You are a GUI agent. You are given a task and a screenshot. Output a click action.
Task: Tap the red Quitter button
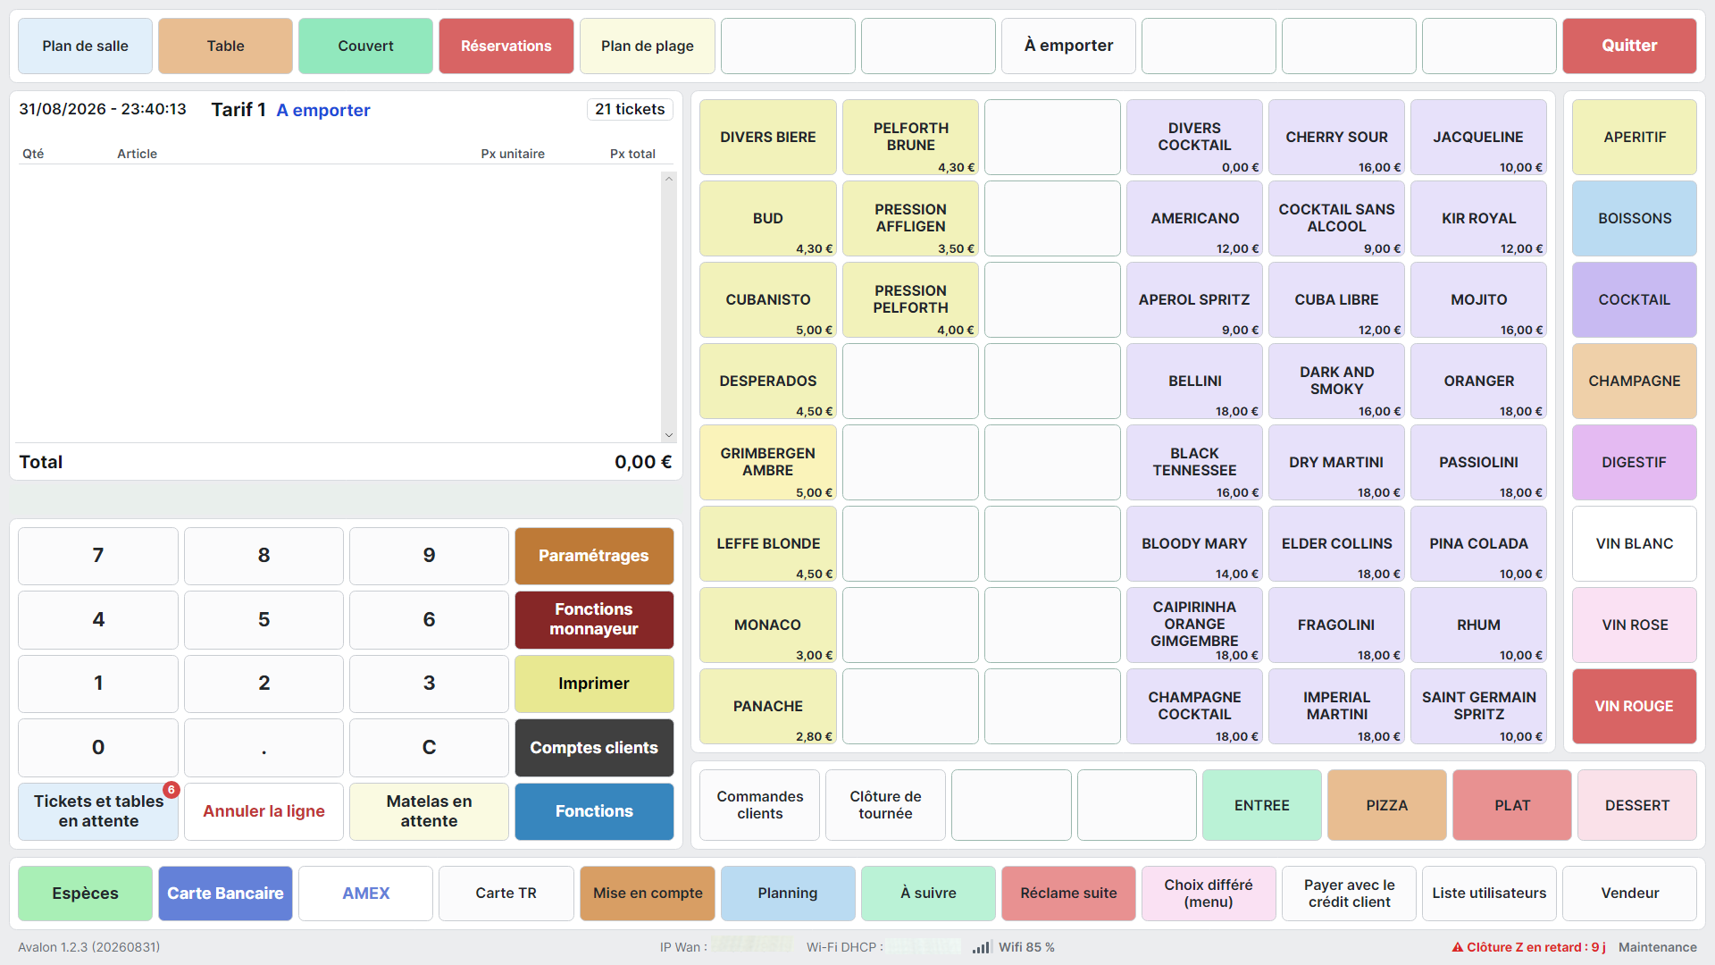pyautogui.click(x=1629, y=46)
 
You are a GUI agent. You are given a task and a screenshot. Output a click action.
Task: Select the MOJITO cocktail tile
pyautogui.click(x=1478, y=300)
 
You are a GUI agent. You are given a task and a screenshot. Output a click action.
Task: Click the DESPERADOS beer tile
pyautogui.click(x=768, y=382)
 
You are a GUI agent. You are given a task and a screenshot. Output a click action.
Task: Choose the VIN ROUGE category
pyautogui.click(x=1634, y=707)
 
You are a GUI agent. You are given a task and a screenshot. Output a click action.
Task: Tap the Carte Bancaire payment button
pyautogui.click(x=225, y=894)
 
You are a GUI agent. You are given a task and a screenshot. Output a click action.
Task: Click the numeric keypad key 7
pyautogui.click(x=98, y=556)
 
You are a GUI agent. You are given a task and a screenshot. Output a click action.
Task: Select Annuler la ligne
pyautogui.click(x=264, y=811)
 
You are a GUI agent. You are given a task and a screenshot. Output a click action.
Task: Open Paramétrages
pyautogui.click(x=594, y=556)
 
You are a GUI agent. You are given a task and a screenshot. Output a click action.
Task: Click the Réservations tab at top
pyautogui.click(x=506, y=46)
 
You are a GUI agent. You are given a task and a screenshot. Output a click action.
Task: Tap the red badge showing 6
pyautogui.click(x=171, y=790)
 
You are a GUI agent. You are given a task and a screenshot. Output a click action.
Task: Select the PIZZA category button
pyautogui.click(x=1386, y=805)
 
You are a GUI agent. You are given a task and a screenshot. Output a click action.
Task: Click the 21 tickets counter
pyautogui.click(x=630, y=109)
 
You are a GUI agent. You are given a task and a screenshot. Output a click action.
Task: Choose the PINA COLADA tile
pyautogui.click(x=1478, y=544)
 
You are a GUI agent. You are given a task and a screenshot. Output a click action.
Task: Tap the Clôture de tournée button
pyautogui.click(x=885, y=805)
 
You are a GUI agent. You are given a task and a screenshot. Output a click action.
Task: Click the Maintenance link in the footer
pyautogui.click(x=1657, y=947)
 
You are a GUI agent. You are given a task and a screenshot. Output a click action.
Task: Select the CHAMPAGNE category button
pyautogui.click(x=1634, y=382)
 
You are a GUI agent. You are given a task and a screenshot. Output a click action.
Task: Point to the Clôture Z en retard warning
pyautogui.click(x=1528, y=947)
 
